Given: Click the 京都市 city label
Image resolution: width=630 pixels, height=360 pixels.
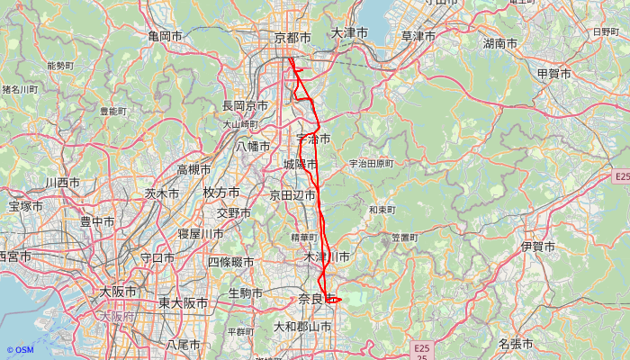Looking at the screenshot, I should click(x=292, y=38).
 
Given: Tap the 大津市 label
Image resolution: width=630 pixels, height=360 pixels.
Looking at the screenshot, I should click(x=349, y=33).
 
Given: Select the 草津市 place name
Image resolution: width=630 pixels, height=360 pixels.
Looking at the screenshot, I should click(x=418, y=36).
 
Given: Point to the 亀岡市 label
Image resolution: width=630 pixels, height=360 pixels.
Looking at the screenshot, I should click(x=166, y=36).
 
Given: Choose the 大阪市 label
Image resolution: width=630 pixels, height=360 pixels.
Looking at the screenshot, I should click(x=118, y=292).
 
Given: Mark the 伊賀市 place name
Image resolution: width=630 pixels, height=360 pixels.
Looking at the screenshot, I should click(x=538, y=246).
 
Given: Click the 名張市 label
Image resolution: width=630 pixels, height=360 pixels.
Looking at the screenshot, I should click(x=515, y=344).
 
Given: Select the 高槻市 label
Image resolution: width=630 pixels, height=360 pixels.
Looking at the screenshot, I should click(x=193, y=169).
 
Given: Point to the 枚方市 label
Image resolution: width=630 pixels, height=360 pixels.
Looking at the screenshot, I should click(x=220, y=193).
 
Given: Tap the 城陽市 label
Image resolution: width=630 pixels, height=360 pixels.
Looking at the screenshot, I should click(x=300, y=165).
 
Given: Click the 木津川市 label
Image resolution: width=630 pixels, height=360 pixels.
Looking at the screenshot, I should click(x=327, y=257).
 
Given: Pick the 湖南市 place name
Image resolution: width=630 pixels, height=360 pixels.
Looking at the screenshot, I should click(x=499, y=43).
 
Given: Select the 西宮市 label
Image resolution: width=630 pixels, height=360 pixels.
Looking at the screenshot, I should click(x=13, y=257).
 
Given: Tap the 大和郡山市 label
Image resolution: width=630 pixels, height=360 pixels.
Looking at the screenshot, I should click(x=302, y=327).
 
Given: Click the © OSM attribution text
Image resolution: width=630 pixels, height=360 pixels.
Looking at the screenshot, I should click(x=20, y=350).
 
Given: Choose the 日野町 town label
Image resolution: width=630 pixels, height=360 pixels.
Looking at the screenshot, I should click(x=606, y=31).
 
